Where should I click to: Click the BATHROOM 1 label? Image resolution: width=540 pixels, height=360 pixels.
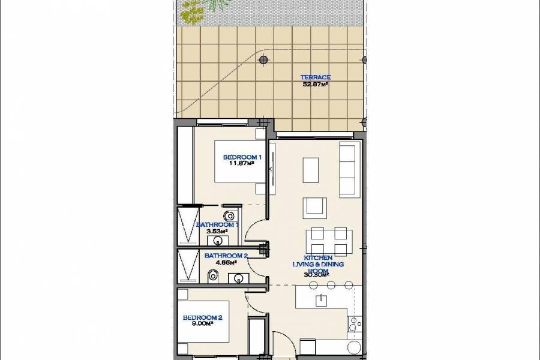pyautogui.click(x=217, y=224)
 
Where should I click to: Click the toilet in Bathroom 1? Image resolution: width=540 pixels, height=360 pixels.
pyautogui.click(x=228, y=215)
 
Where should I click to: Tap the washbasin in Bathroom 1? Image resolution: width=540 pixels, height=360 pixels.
pyautogui.click(x=218, y=241)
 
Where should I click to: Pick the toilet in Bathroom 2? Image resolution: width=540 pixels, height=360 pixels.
pyautogui.click(x=212, y=276)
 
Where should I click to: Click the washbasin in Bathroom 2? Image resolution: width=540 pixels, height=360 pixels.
pyautogui.click(x=239, y=278)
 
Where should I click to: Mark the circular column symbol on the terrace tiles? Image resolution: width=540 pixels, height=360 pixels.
pyautogui.click(x=263, y=60)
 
